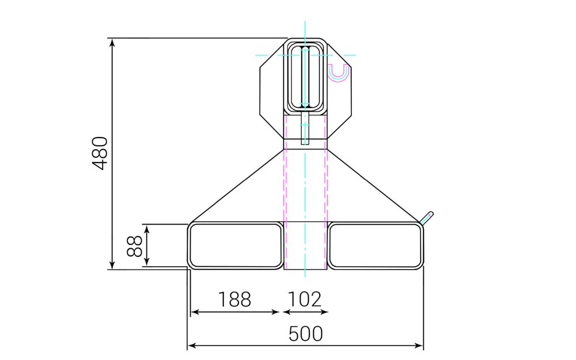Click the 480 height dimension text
pyautogui.click(x=100, y=153)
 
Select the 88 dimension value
pyautogui.click(x=134, y=246)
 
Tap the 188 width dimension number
pyautogui.click(x=234, y=300)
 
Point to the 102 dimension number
pyautogui.click(x=304, y=300)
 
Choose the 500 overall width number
pyautogui.click(x=305, y=334)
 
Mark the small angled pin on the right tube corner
pyautogui.click(x=427, y=217)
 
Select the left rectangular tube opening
pyautogui.click(x=236, y=246)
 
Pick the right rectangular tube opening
pyautogui.click(x=375, y=246)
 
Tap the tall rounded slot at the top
pyautogui.click(x=305, y=75)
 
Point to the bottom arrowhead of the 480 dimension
pyautogui.click(x=113, y=265)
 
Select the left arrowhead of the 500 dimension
pyautogui.click(x=192, y=346)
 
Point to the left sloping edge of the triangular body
pyautogui.click(x=236, y=187)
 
